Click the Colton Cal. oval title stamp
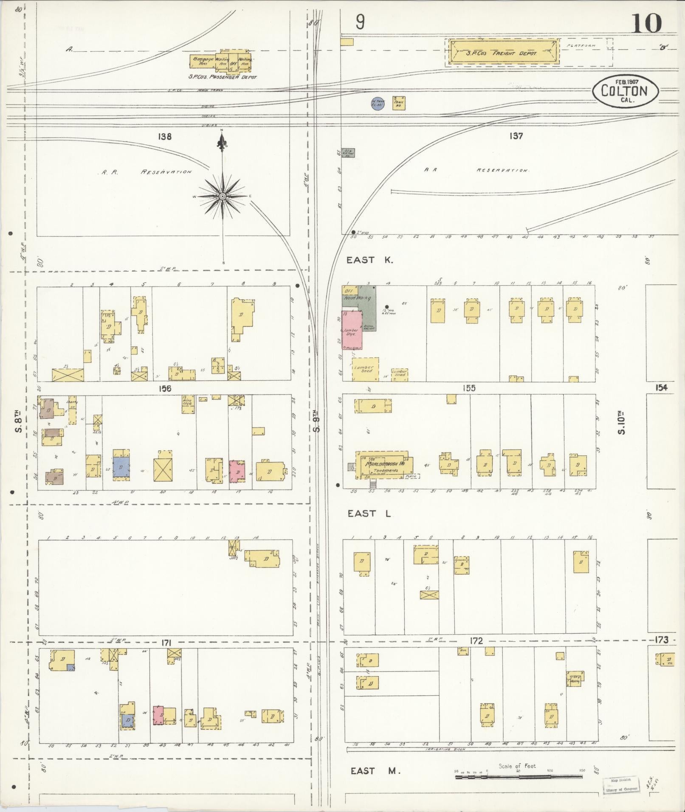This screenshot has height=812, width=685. point(626,91)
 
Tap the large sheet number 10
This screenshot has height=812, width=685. point(646,23)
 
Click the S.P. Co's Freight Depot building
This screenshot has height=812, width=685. point(502,53)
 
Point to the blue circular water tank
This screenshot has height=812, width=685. point(378,104)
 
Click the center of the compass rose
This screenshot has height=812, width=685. point(223,197)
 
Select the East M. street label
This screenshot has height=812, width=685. point(375,771)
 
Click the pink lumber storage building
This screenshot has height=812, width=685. point(352,330)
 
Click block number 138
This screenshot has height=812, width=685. point(164,137)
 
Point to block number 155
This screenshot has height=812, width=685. point(469,388)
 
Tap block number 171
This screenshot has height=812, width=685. point(165,643)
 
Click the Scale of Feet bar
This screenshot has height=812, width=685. point(518,777)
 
